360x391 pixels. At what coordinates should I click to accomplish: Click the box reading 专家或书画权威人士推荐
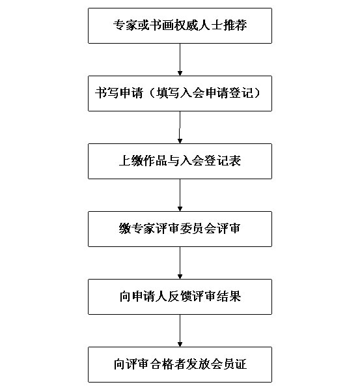click(x=180, y=25)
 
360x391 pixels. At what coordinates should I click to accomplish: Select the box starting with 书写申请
click(x=180, y=93)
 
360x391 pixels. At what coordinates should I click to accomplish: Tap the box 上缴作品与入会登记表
click(x=180, y=162)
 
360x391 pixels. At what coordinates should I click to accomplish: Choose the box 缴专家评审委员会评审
click(x=180, y=229)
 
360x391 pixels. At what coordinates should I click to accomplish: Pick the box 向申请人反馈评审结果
click(x=180, y=297)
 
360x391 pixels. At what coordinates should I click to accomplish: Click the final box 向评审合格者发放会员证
click(x=180, y=364)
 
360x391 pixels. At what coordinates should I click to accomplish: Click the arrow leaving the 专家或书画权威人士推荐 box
click(x=180, y=59)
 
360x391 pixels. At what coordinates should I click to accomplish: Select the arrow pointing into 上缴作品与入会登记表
click(x=180, y=128)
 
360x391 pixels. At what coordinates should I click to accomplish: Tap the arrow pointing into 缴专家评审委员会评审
click(x=180, y=195)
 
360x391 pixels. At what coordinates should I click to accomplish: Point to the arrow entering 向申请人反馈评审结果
click(x=180, y=263)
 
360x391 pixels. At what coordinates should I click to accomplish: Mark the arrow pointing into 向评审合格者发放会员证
click(x=180, y=331)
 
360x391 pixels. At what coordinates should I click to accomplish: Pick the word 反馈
click(x=180, y=297)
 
